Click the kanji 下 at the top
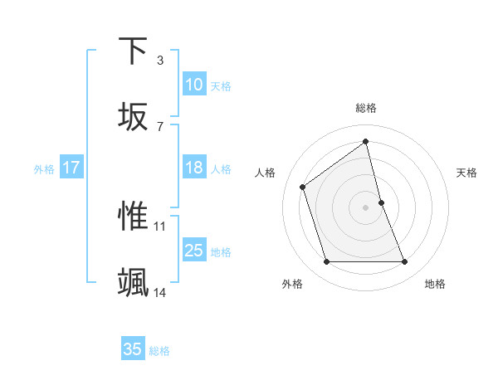point(133,51)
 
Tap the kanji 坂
point(133,116)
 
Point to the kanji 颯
point(133,283)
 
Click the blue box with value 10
point(194,85)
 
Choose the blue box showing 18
point(194,168)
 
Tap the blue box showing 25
point(194,251)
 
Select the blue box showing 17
point(71,168)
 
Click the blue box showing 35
point(133,349)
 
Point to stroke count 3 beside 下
point(159,60)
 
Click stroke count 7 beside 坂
point(159,126)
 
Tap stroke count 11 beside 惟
point(160,226)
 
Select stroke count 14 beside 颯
point(160,292)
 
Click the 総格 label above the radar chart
point(366,108)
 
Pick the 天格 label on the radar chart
point(466,173)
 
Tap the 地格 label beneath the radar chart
point(435,284)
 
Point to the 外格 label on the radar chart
point(291,284)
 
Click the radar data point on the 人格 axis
point(303,187)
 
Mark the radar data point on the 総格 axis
point(366,141)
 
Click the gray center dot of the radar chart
point(366,207)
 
